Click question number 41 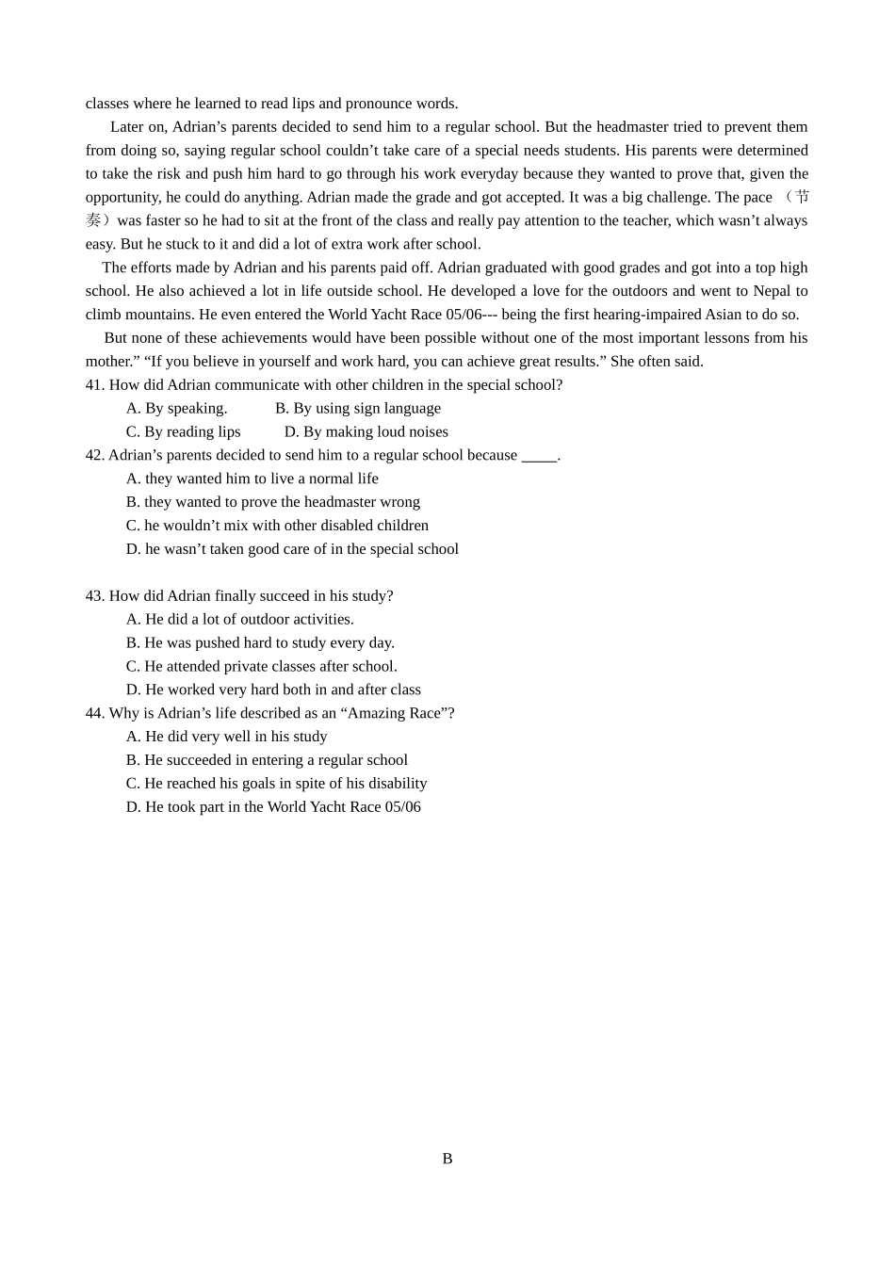click(95, 384)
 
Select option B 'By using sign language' click(358, 408)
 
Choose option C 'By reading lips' click(184, 431)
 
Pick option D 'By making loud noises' click(366, 431)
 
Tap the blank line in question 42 click(539, 456)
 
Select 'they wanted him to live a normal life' click(252, 479)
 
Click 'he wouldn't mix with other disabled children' click(277, 526)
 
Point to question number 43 click(95, 596)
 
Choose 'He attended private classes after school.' click(262, 666)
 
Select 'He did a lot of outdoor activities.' click(240, 619)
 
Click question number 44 click(95, 713)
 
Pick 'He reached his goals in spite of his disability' click(277, 784)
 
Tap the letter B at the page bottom click(447, 1159)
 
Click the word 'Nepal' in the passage click(772, 291)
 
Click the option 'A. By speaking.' click(177, 408)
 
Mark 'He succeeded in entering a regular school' click(268, 760)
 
